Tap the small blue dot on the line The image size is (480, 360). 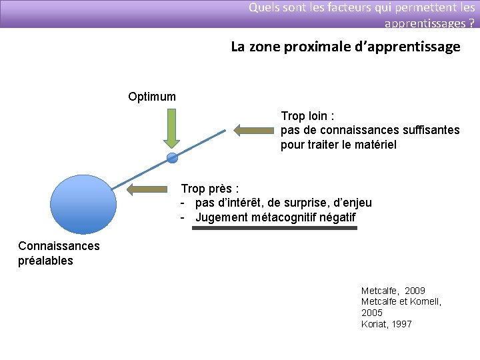tap(172, 158)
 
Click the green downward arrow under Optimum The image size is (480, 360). tap(172, 128)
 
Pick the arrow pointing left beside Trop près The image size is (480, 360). tap(148, 189)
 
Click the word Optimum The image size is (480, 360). tap(152, 97)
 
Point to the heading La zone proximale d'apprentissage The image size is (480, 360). tap(345, 47)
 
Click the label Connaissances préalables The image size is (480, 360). tap(59, 253)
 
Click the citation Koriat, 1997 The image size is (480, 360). tap(386, 324)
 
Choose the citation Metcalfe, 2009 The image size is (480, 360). tap(393, 291)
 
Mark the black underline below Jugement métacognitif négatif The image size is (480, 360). tap(274, 228)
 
